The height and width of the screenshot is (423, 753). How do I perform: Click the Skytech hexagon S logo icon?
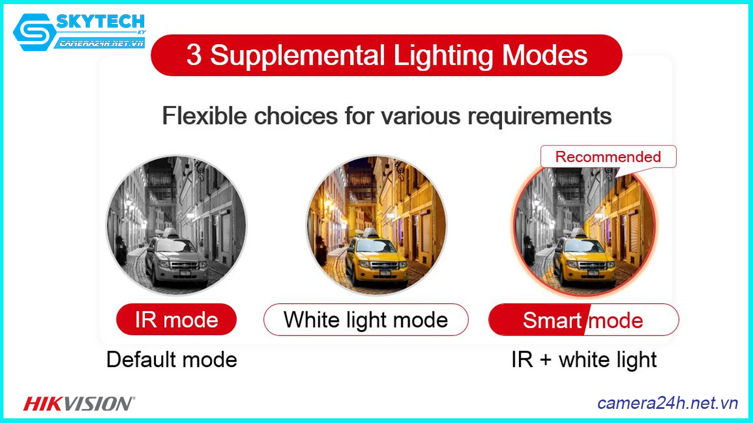coord(35,32)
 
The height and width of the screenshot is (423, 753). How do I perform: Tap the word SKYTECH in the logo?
coord(100,22)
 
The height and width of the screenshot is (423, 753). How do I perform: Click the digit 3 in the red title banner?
coord(194,55)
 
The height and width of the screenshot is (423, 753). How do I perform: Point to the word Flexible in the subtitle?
coord(204,116)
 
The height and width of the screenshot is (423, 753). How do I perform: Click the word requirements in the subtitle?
coord(539,117)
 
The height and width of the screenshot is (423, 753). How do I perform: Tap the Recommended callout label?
coord(608,157)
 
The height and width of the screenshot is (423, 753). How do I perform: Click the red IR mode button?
coord(176,319)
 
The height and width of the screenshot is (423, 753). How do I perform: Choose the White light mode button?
coord(366,319)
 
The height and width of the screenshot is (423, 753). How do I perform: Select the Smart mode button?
coord(583,320)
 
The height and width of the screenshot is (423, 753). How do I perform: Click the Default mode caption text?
coord(172,360)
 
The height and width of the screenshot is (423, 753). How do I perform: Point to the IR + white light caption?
coord(584,360)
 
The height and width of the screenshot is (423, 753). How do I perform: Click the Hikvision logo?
coord(79,404)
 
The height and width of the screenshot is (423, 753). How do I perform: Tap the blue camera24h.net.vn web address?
coord(668,403)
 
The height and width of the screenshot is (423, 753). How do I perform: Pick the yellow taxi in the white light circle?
coord(376,259)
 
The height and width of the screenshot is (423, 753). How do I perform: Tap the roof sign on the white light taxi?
coord(368,232)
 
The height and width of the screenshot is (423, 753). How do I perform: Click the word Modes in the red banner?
coord(545,55)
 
